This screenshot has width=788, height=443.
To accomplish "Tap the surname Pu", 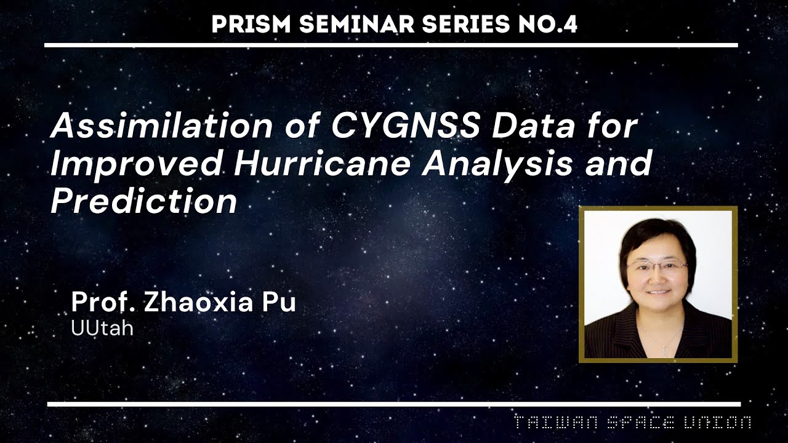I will click(280, 303).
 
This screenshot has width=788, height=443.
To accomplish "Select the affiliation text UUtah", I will click(102, 329).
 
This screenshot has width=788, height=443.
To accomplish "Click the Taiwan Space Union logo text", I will click(632, 423).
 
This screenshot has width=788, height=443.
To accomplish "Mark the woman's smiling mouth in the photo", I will click(658, 292).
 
